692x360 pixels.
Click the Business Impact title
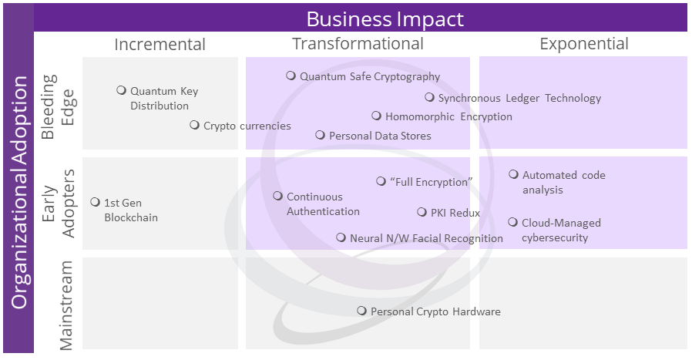(x=385, y=18)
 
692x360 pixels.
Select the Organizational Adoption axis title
(x=18, y=191)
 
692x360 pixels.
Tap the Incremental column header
(x=160, y=44)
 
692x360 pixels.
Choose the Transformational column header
(x=358, y=44)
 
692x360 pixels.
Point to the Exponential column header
(x=584, y=44)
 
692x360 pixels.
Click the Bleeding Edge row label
(x=58, y=106)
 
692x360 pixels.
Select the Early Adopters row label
(x=58, y=203)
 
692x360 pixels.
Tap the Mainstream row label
(x=66, y=304)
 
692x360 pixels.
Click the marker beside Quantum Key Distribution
(x=121, y=90)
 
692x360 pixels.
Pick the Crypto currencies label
(x=247, y=126)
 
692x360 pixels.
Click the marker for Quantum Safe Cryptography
(x=291, y=76)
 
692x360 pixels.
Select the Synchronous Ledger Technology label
(x=519, y=98)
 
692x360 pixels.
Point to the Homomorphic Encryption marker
(x=376, y=116)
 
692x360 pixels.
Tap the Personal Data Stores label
(x=380, y=136)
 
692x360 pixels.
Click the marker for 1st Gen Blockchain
(x=95, y=202)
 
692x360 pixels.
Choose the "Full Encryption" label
(x=431, y=182)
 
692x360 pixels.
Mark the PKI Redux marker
(x=422, y=212)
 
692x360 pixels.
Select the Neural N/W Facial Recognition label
(x=426, y=238)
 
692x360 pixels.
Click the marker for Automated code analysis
(x=513, y=174)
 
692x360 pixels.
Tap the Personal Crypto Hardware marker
(x=361, y=311)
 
